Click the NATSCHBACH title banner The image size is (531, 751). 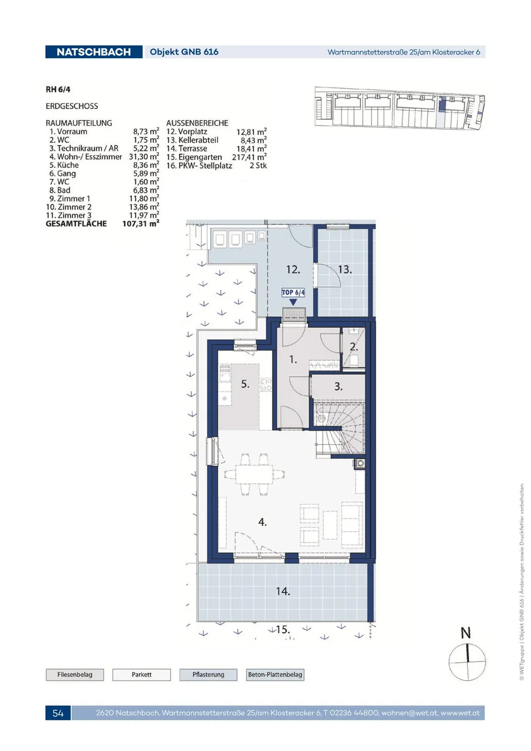click(x=94, y=52)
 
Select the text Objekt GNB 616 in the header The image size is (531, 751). click(x=184, y=52)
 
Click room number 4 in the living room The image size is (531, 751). click(x=262, y=522)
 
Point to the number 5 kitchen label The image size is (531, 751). click(x=245, y=384)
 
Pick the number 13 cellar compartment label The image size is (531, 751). click(x=345, y=269)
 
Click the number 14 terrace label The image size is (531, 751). click(x=283, y=600)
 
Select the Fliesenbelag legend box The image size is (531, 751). click(x=74, y=675)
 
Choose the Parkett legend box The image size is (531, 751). click(x=141, y=675)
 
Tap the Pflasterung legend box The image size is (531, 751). click(x=208, y=675)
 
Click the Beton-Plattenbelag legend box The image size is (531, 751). click(x=275, y=675)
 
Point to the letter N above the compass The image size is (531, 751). click(x=466, y=633)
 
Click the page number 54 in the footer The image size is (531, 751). click(x=58, y=713)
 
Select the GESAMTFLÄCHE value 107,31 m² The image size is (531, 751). click(x=141, y=223)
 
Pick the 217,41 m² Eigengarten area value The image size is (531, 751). click(x=250, y=157)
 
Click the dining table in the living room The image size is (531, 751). click(x=255, y=474)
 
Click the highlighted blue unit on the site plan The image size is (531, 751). click(x=442, y=104)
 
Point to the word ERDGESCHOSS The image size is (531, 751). click(x=72, y=106)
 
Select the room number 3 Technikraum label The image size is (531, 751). click(x=338, y=386)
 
